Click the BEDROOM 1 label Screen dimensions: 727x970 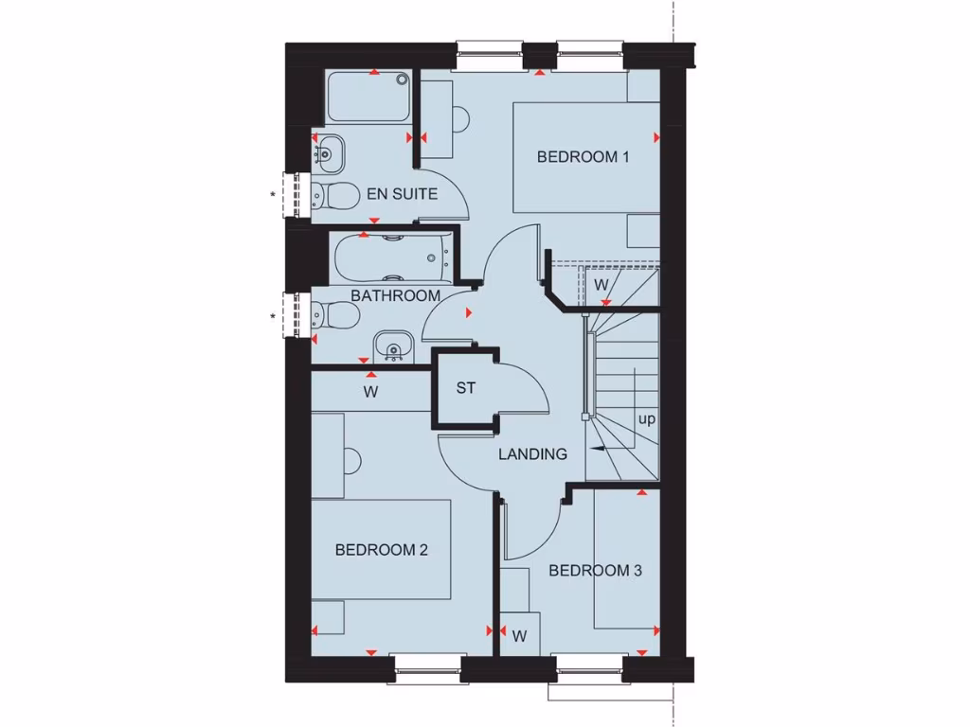click(x=583, y=157)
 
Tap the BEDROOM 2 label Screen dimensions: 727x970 click(x=381, y=549)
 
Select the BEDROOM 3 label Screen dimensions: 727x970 click(x=595, y=571)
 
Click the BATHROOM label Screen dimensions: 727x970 click(x=396, y=295)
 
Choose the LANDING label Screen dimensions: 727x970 click(x=533, y=454)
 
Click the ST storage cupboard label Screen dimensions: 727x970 click(x=465, y=388)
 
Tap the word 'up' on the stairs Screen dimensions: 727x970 click(x=647, y=418)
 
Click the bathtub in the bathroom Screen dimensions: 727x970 click(x=390, y=253)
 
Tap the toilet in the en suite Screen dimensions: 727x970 click(x=332, y=196)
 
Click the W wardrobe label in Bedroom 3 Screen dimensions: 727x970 click(x=519, y=637)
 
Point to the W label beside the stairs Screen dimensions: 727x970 click(x=601, y=284)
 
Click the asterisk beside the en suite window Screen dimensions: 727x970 click(x=274, y=196)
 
